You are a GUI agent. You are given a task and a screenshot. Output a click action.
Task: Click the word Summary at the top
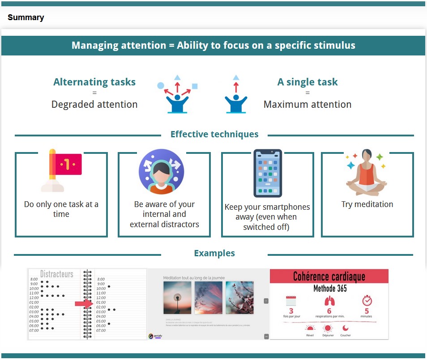tap(26, 18)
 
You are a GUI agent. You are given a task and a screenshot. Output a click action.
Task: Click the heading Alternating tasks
tap(94, 82)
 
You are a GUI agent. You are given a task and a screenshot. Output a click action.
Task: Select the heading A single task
tap(307, 82)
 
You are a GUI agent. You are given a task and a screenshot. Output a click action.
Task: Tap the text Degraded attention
tap(94, 105)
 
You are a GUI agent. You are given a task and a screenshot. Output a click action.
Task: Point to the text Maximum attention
tap(307, 105)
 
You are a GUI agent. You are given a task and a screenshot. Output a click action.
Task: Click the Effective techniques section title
tap(214, 134)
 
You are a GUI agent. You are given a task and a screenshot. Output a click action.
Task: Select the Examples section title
tap(214, 253)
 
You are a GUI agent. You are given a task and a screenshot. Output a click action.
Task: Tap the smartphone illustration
tap(268, 173)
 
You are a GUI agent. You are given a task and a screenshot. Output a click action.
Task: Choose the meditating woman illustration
tap(366, 172)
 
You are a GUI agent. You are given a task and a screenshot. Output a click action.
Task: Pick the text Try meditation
tap(367, 204)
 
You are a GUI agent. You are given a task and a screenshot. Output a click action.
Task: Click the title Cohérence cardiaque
tap(329, 276)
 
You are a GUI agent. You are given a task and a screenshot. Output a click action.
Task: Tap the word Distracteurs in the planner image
tap(57, 274)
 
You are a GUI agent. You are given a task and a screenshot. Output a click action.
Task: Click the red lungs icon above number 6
tap(329, 301)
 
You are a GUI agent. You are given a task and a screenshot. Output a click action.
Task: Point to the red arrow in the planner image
tap(83, 304)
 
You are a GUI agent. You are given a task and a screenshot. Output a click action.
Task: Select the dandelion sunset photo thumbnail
tap(177, 297)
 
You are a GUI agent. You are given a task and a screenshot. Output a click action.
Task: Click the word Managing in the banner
tap(94, 46)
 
